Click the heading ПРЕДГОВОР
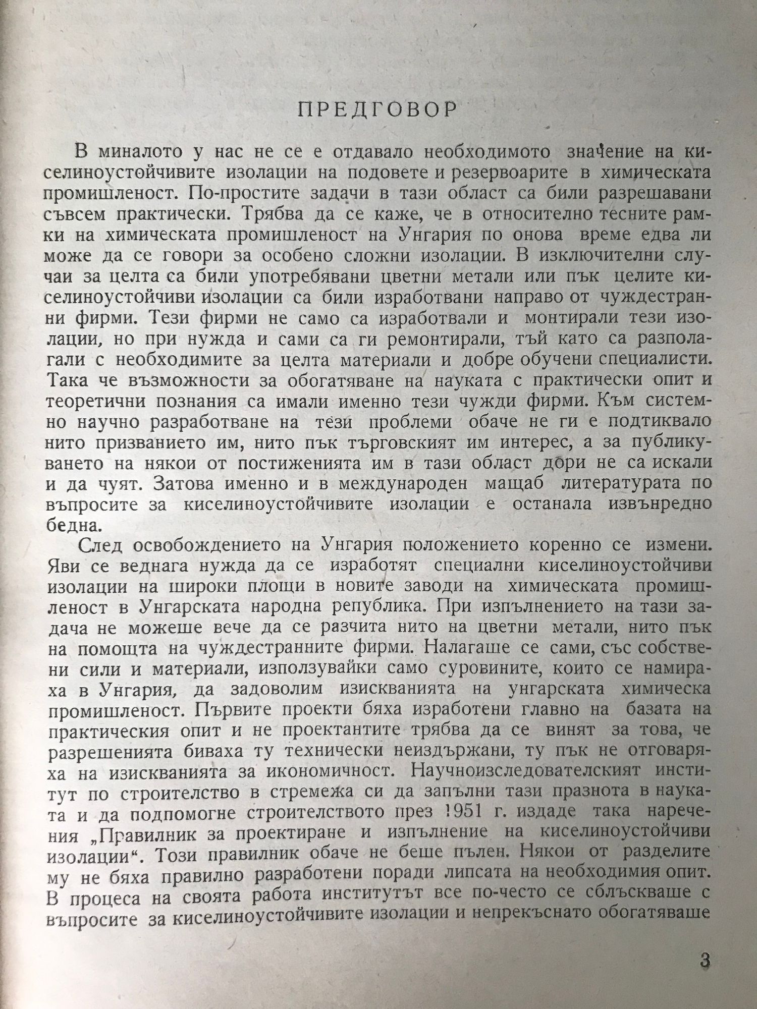[377, 110]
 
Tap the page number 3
[705, 959]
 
